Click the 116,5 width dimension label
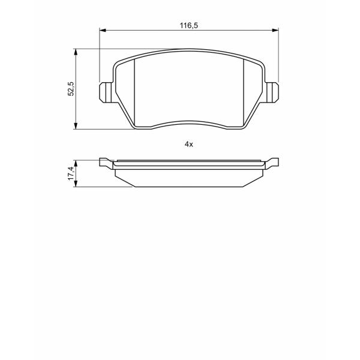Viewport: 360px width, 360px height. pyautogui.click(x=189, y=25)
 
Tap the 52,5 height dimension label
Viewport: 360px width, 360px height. pyautogui.click(x=71, y=89)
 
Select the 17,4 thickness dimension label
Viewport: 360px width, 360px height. pyautogui.click(x=71, y=173)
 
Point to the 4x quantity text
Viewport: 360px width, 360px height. pyautogui.click(x=189, y=145)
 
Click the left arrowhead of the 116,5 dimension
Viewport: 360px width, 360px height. pyautogui.click(x=103, y=31)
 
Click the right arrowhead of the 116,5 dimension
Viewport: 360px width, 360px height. pyautogui.click(x=275, y=31)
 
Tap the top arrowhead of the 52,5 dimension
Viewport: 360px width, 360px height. pyautogui.click(x=76, y=52)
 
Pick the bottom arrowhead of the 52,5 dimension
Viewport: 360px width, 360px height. pyautogui.click(x=76, y=126)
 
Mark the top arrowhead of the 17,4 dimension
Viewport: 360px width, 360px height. pyautogui.click(x=76, y=164)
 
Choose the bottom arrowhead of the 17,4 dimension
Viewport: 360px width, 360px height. pyautogui.click(x=76, y=184)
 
